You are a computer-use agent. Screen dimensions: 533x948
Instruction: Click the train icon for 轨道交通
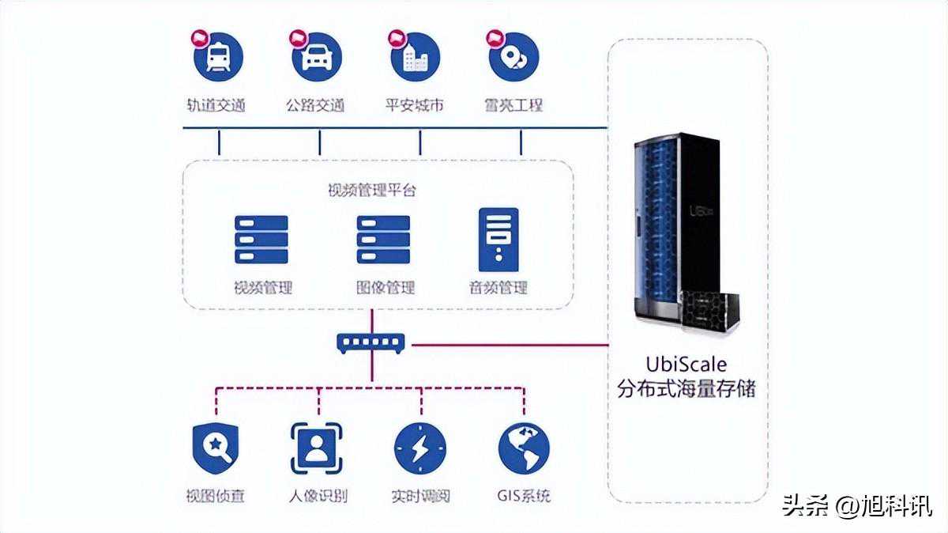[218, 57]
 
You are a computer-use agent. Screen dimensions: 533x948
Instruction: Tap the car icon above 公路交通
[316, 57]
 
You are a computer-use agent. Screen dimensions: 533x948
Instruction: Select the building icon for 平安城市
[415, 57]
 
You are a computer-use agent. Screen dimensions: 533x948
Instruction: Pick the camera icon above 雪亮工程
[513, 57]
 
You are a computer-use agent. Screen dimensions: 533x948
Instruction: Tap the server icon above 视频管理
[261, 240]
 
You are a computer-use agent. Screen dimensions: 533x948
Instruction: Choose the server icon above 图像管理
[383, 240]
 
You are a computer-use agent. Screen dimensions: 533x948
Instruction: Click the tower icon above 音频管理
[498, 240]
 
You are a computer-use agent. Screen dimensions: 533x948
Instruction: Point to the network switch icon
[370, 343]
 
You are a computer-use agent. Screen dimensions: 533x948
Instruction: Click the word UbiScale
[686, 365]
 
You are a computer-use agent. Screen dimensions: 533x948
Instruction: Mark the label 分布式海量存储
[686, 389]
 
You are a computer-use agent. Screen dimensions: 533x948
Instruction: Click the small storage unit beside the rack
[712, 310]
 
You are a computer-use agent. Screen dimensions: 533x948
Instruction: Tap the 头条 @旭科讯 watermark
[856, 505]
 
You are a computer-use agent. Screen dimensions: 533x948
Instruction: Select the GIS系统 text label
[524, 497]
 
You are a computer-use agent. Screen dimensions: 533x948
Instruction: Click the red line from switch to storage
[506, 345]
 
